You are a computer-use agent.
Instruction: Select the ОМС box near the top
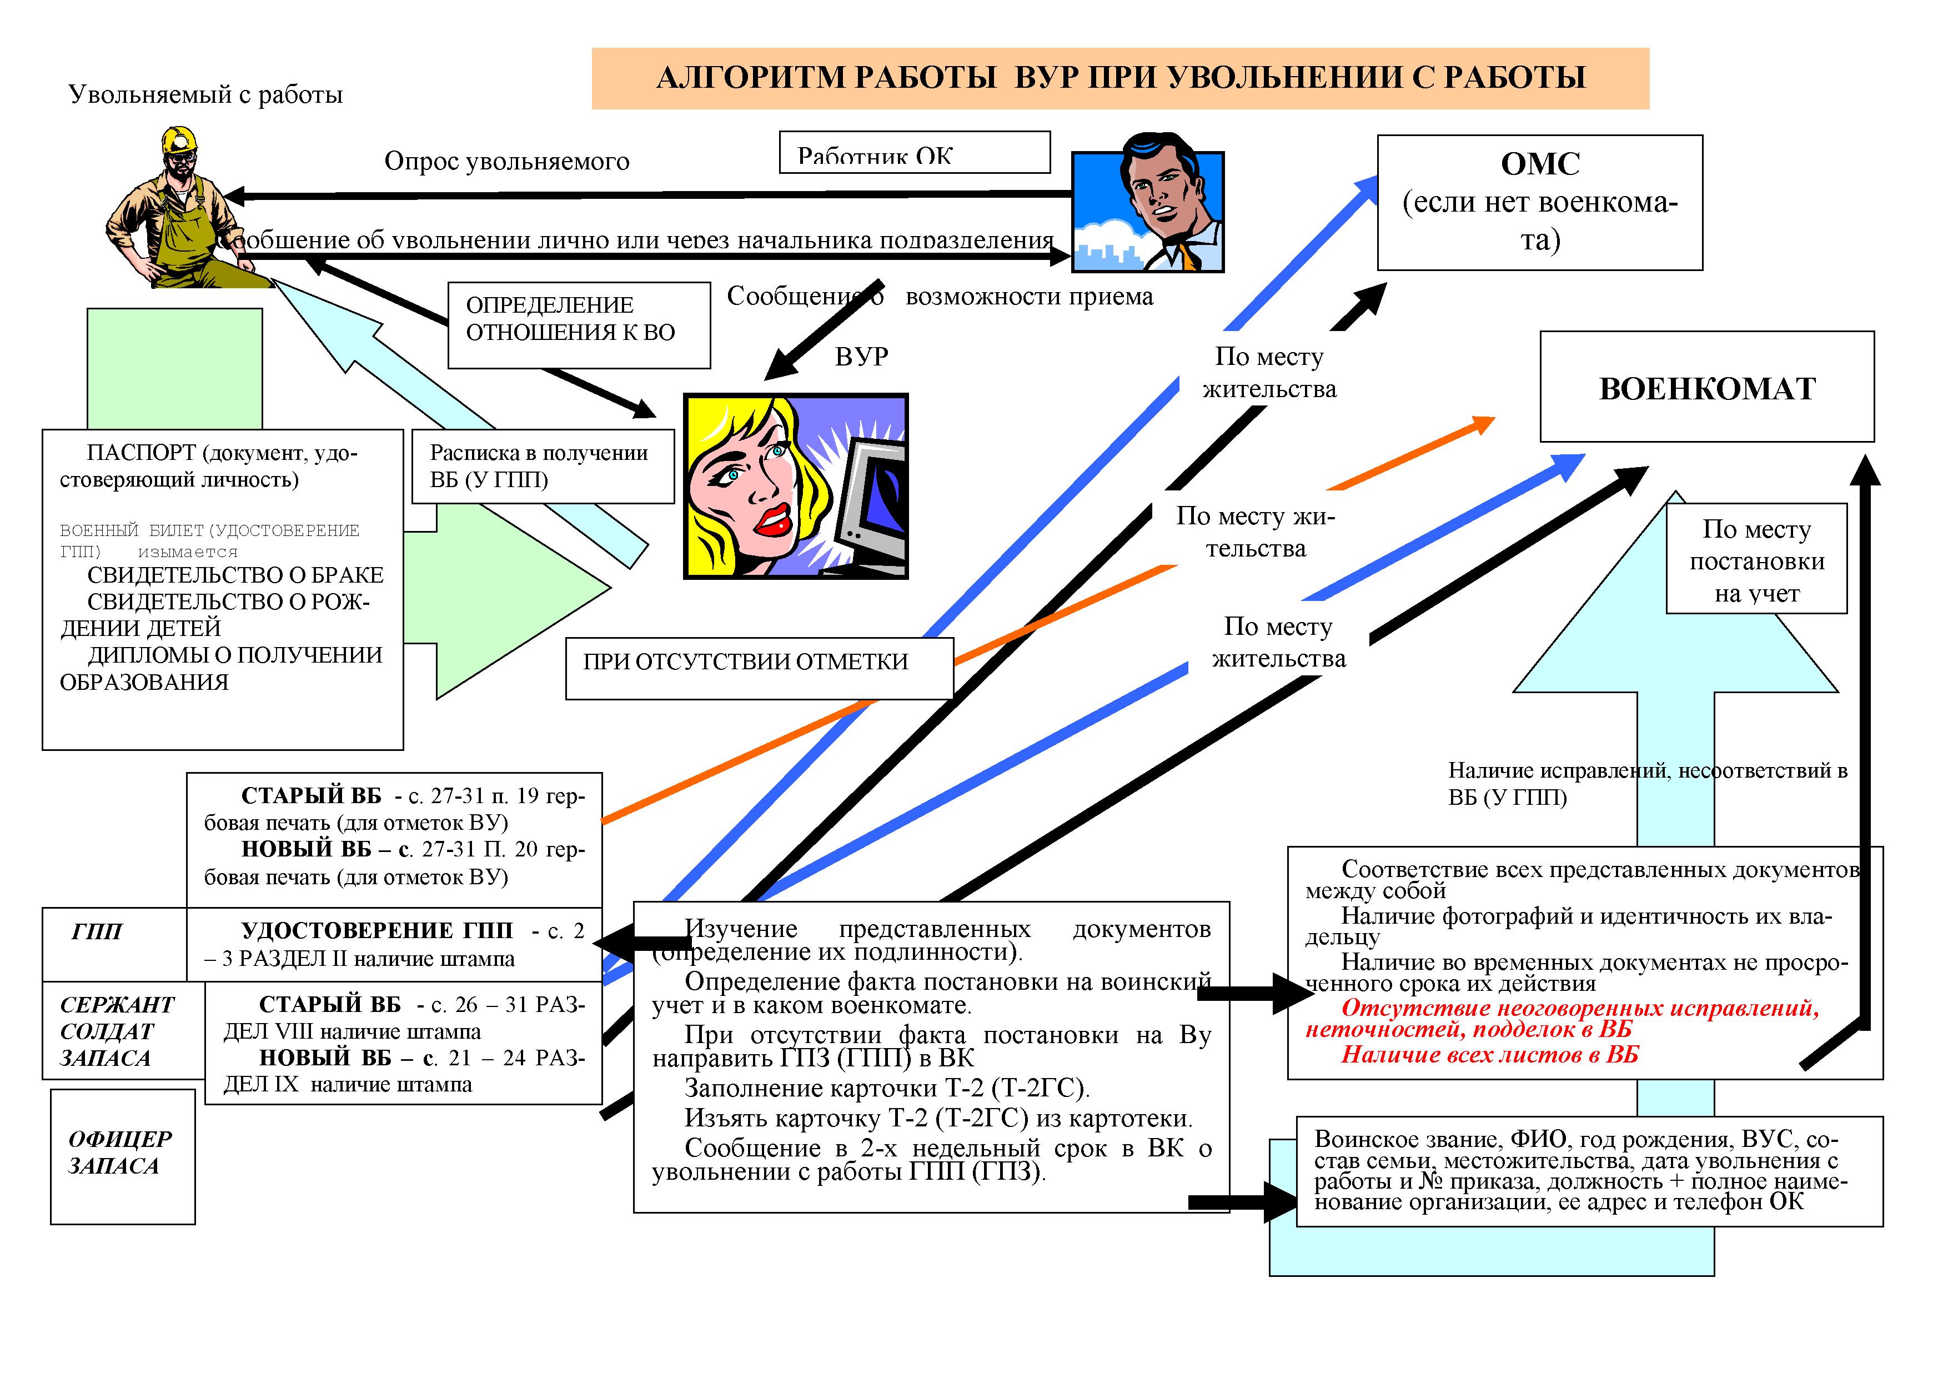click(x=1539, y=203)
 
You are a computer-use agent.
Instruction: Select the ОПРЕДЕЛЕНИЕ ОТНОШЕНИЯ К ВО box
click(x=579, y=325)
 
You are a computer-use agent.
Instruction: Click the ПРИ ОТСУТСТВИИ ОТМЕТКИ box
click(x=759, y=669)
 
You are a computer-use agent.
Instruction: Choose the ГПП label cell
click(x=114, y=944)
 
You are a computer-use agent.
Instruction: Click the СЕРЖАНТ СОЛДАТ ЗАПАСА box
click(x=123, y=1031)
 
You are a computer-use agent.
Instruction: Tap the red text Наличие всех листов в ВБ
click(x=1489, y=1055)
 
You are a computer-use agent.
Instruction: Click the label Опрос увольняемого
click(x=506, y=161)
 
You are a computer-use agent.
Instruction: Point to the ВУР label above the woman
click(x=861, y=357)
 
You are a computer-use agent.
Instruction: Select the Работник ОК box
click(x=914, y=153)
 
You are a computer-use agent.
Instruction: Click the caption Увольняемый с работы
click(x=205, y=94)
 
